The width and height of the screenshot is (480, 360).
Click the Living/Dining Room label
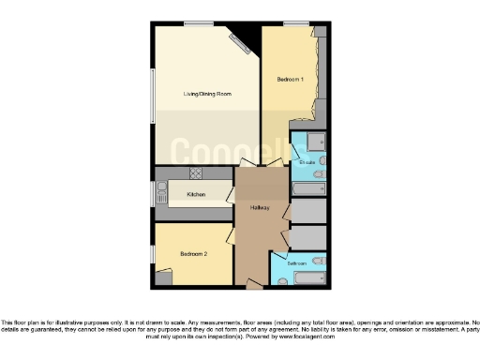207,95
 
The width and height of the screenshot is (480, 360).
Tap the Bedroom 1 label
290,80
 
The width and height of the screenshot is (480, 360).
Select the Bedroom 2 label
193,254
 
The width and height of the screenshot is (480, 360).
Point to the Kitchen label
196,194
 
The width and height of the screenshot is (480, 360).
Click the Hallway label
262,207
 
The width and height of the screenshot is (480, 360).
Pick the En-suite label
307,163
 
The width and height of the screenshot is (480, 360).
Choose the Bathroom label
297,264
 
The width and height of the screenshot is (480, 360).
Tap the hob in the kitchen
196,173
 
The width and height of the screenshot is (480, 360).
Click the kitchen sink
161,198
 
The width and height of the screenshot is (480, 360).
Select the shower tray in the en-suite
316,142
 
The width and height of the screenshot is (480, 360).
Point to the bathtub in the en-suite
308,188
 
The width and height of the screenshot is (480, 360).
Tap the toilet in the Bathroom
318,260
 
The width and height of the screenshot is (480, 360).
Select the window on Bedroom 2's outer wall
154,254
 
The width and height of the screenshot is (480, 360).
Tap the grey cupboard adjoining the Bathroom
308,237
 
